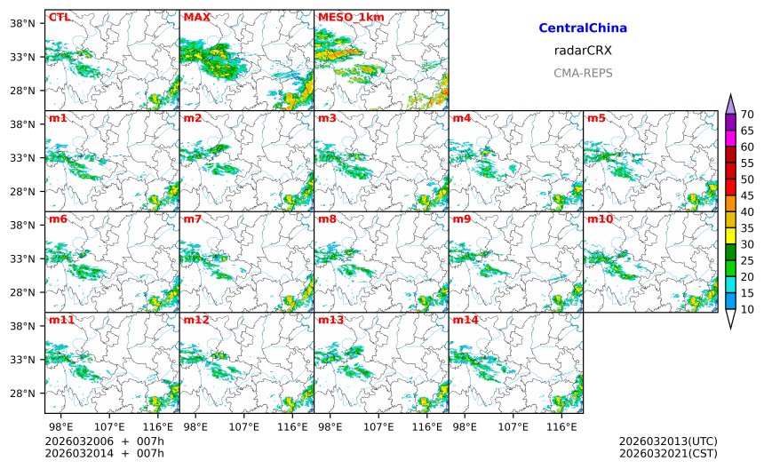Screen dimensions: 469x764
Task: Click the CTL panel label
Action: pos(60,17)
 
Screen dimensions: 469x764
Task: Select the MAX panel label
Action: pos(196,17)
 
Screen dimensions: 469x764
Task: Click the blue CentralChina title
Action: pos(583,28)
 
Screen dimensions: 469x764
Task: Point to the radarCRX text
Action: pos(583,51)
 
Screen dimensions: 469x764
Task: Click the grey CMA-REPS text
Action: pos(583,73)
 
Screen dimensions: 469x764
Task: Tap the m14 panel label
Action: pos(465,320)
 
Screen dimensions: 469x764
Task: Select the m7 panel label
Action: pos(192,219)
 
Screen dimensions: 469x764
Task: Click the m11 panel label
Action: pos(60,320)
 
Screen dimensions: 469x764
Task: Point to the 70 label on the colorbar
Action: pos(747,114)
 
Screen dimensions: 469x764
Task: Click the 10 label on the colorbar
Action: pos(747,309)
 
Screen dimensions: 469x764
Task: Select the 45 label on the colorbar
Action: pos(747,195)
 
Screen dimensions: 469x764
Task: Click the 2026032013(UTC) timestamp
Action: pos(668,441)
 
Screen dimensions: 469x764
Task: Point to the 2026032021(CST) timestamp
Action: pos(668,454)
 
